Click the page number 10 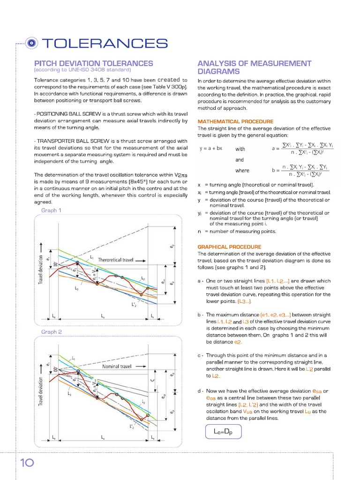pyautogui.click(x=27, y=463)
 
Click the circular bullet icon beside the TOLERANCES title pyautogui.click(x=31, y=43)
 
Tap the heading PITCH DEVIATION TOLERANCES pyautogui.click(x=94, y=63)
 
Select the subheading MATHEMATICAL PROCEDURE pyautogui.click(x=235, y=121)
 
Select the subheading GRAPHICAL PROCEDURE pyautogui.click(x=229, y=247)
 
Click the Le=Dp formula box pyautogui.click(x=224, y=431)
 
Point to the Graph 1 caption pyautogui.click(x=52, y=210)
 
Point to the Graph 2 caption pyautogui.click(x=52, y=332)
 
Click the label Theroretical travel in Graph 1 pyautogui.click(x=122, y=259)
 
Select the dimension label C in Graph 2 pyautogui.click(x=151, y=380)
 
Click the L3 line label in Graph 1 pyautogui.click(x=76, y=289)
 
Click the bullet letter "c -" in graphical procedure pyautogui.click(x=200, y=355)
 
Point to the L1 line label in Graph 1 pyautogui.click(x=91, y=258)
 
